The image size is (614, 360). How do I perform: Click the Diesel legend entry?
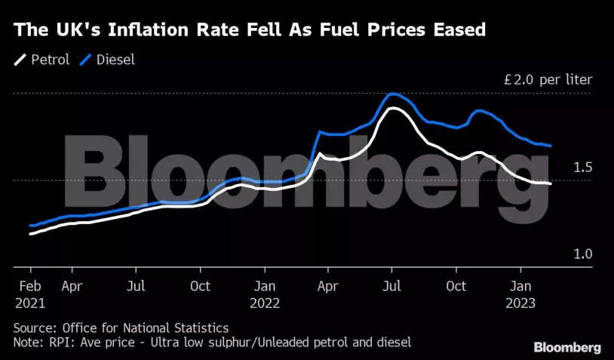(x=116, y=59)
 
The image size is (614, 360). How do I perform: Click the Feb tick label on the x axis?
(x=29, y=287)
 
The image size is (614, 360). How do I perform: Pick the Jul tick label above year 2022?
(x=391, y=287)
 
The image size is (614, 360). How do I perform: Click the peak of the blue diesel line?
(x=392, y=94)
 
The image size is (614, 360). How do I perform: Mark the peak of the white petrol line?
(x=392, y=109)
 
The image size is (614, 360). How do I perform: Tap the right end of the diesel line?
(x=551, y=146)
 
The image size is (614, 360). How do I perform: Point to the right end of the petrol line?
(x=550, y=184)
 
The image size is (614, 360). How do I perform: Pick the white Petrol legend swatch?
(x=19, y=59)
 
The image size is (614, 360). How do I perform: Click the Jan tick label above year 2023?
(x=520, y=287)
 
